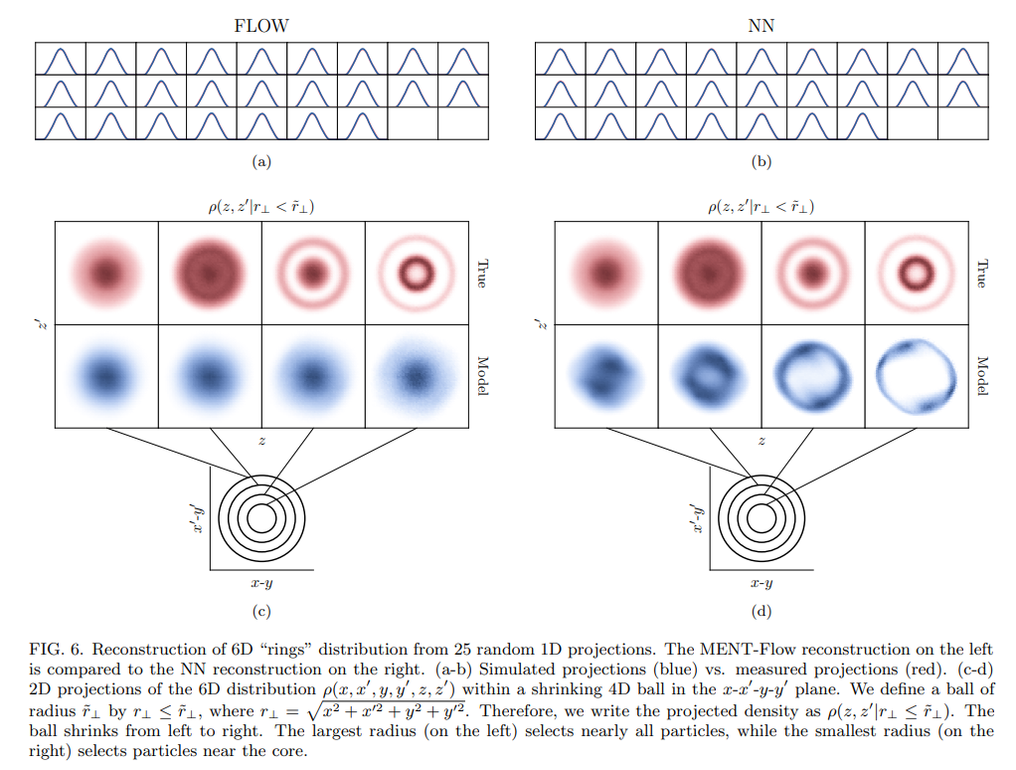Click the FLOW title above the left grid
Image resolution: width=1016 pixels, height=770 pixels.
(x=261, y=26)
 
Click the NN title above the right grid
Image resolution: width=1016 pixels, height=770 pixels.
(x=761, y=26)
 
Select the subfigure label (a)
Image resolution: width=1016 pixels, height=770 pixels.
(x=261, y=161)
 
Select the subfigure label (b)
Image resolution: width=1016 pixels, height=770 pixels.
(x=762, y=161)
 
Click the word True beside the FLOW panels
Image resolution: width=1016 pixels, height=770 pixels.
(x=482, y=274)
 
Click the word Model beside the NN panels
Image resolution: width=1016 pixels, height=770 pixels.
(x=982, y=377)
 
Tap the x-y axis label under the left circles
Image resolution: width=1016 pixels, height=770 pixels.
(x=261, y=583)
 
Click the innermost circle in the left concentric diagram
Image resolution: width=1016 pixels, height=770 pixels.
(x=261, y=518)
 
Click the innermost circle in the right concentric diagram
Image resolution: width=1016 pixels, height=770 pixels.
(x=762, y=518)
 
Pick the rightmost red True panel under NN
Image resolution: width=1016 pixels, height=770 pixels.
(x=916, y=273)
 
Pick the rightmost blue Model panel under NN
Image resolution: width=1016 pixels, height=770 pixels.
(x=916, y=376)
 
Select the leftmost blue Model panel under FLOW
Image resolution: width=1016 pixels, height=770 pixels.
(x=106, y=376)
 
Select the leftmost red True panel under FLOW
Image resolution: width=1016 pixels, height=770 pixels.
(x=106, y=273)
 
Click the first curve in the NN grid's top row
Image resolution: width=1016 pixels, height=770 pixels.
(x=560, y=60)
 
